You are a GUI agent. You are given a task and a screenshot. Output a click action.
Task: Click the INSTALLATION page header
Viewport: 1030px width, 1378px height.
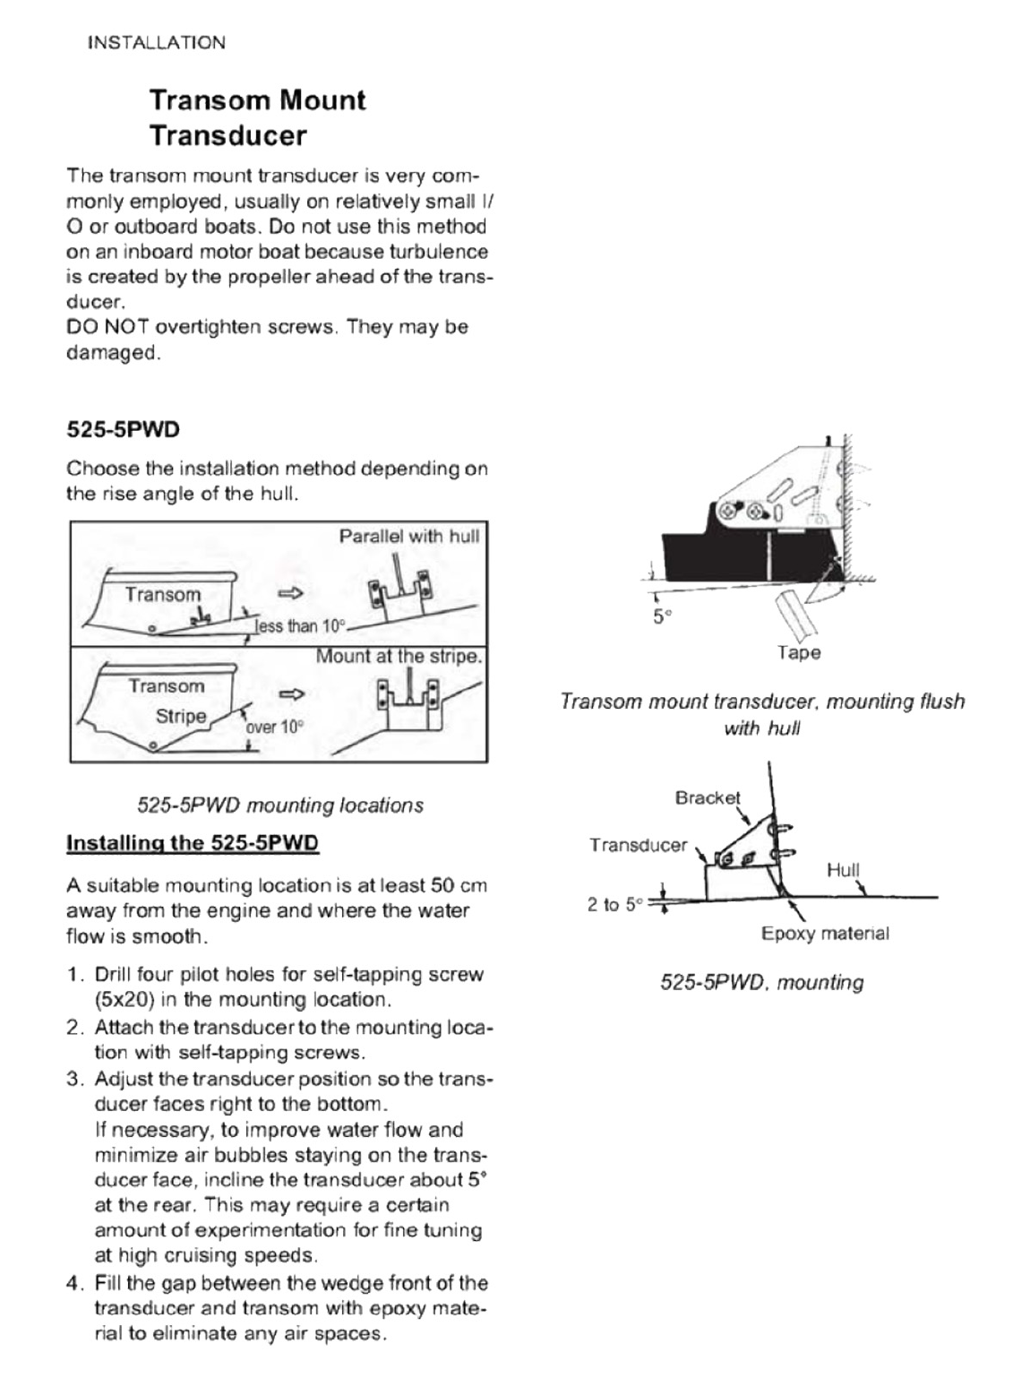click(x=157, y=42)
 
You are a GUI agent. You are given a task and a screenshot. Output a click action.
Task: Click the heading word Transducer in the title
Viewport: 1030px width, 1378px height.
click(x=227, y=136)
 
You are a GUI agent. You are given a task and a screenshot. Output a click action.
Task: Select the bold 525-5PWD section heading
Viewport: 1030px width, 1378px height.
click(x=123, y=429)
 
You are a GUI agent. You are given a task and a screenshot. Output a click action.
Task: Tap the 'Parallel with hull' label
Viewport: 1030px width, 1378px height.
click(x=408, y=536)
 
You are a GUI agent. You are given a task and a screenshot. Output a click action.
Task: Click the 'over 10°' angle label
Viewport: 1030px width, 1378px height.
click(x=275, y=726)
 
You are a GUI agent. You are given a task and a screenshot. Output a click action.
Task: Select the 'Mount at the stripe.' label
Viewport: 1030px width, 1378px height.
click(x=399, y=656)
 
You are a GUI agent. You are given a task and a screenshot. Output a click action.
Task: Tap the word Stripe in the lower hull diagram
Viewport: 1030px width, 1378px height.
click(x=181, y=716)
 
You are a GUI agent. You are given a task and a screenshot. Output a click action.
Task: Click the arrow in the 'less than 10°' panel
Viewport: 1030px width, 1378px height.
click(x=291, y=593)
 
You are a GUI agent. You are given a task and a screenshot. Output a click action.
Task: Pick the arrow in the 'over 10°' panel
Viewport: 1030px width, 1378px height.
click(x=292, y=693)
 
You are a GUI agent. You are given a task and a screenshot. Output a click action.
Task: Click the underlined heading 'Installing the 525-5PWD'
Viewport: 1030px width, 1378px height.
click(x=193, y=843)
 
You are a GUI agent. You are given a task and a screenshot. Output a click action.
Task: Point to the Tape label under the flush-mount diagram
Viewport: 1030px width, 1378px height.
click(x=799, y=652)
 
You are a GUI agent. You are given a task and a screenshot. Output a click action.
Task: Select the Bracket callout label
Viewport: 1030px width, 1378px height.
click(x=708, y=797)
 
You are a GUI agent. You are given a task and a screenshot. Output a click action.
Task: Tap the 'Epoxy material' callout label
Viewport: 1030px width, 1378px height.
click(x=825, y=934)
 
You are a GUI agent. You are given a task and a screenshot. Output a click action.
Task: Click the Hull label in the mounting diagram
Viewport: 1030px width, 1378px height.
click(x=843, y=869)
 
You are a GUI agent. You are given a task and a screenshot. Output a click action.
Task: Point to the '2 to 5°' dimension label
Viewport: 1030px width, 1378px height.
click(x=615, y=905)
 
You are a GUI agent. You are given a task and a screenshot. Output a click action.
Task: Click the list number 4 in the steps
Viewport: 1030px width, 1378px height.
click(x=75, y=1283)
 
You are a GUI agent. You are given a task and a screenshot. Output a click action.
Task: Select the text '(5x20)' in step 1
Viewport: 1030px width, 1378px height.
click(x=124, y=1000)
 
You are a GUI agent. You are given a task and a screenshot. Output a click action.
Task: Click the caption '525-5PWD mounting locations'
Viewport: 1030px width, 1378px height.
click(x=280, y=805)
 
